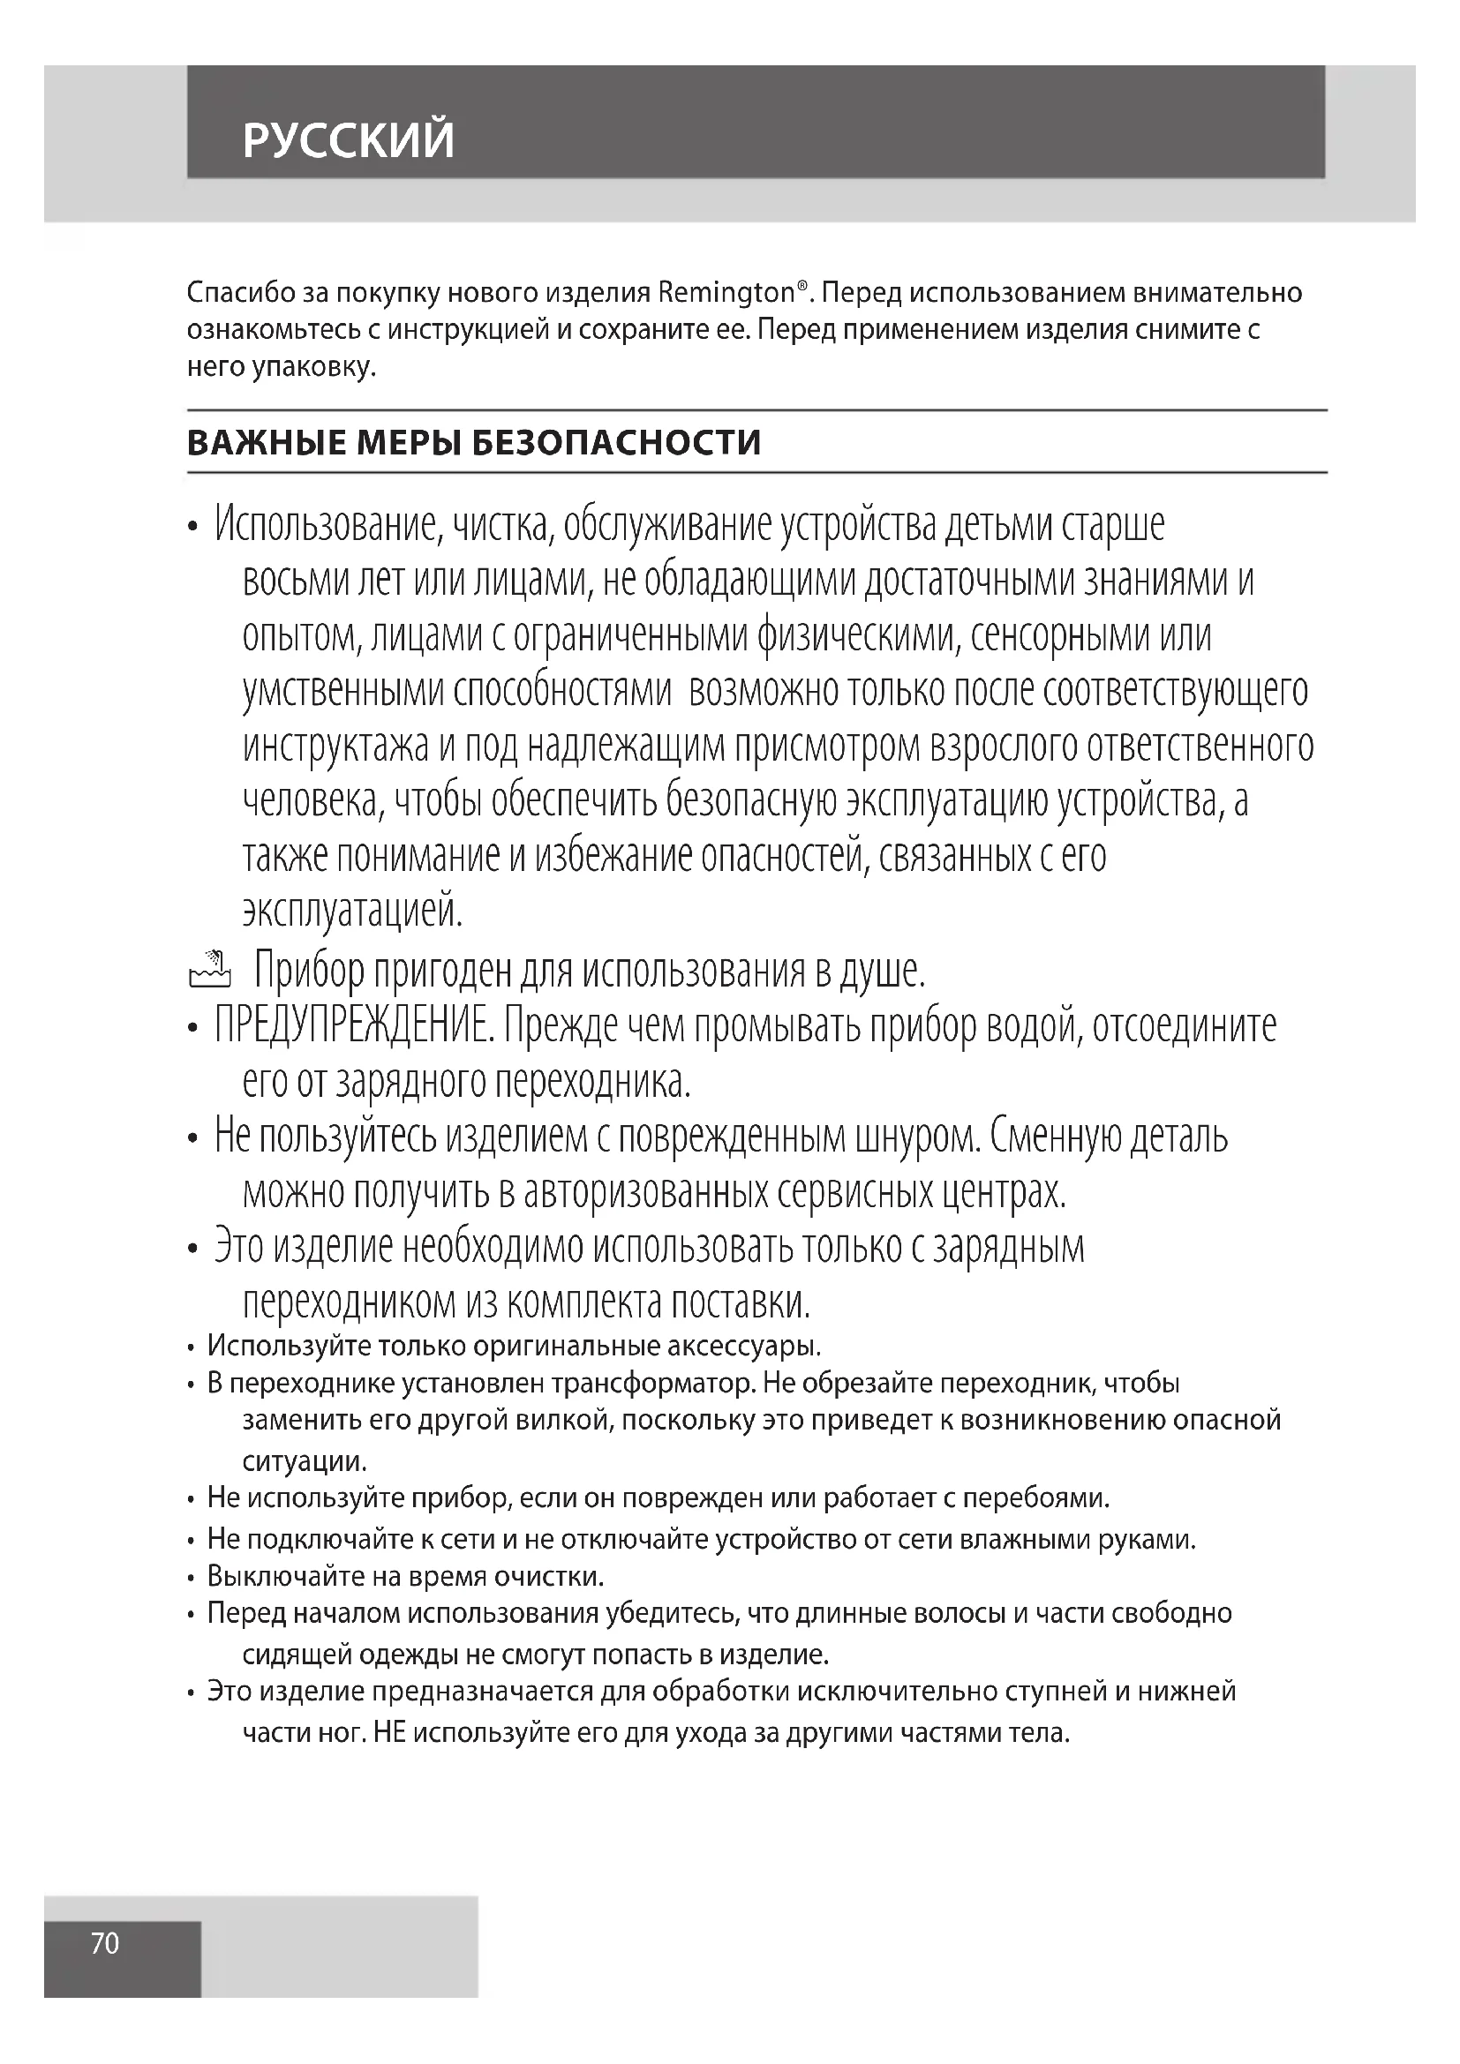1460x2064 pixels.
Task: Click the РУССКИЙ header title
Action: click(x=348, y=140)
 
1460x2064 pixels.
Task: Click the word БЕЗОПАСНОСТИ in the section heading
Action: click(x=617, y=443)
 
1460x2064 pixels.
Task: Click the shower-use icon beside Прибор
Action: click(x=209, y=969)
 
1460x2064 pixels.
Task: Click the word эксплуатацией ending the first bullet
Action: click(x=352, y=912)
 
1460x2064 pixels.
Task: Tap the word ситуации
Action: click(x=305, y=1460)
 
